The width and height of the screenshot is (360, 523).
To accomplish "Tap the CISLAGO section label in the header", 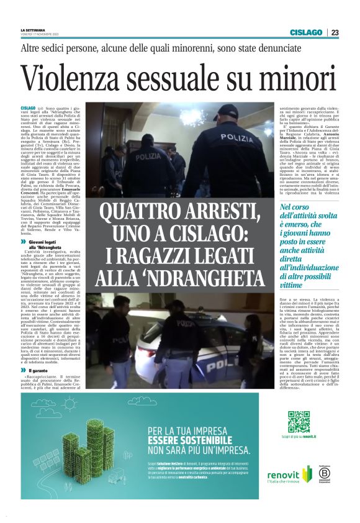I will click(305, 32).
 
